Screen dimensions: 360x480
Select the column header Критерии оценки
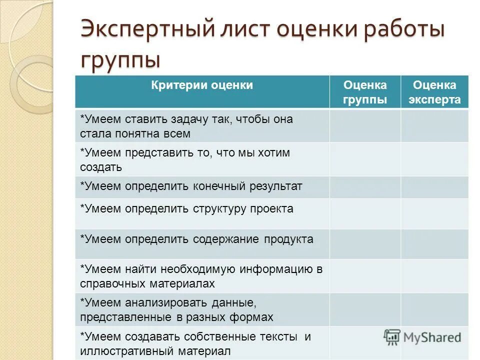(202, 85)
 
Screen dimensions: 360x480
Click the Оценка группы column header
(365, 92)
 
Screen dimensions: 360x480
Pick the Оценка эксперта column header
(434, 92)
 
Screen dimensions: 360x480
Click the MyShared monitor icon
(392, 336)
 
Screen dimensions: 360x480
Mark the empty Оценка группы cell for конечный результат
(365, 187)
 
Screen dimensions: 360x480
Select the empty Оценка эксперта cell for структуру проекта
(434, 213)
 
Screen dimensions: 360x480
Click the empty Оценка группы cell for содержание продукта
(365, 243)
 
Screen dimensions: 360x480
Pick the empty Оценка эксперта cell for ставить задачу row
(434, 126)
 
